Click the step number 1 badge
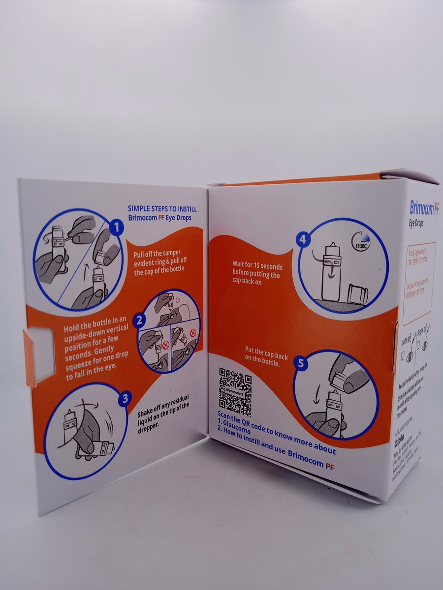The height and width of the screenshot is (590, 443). tap(117, 227)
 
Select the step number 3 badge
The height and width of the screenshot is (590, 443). tap(125, 399)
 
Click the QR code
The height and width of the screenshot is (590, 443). tap(235, 392)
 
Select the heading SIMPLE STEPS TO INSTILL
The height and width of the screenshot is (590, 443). tap(162, 208)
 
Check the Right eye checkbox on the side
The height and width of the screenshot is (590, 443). tap(418, 346)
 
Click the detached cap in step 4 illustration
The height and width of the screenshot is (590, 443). tap(357, 294)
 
